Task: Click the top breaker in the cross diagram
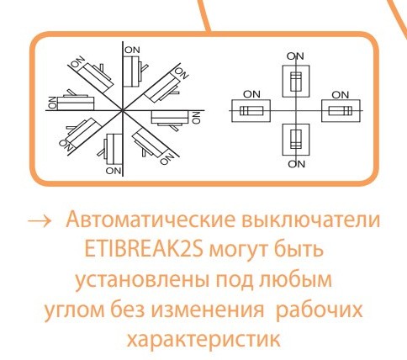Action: tap(294, 82)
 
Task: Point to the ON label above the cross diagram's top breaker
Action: tap(295, 56)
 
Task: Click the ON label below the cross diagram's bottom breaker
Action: tap(295, 165)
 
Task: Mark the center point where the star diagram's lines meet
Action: tap(124, 108)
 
